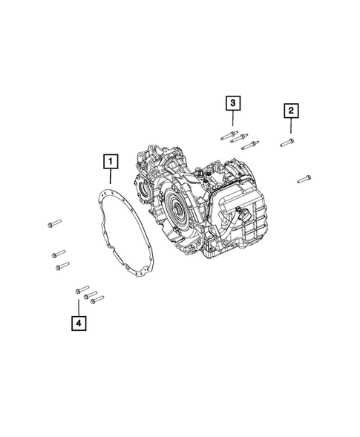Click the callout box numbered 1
click(x=111, y=161)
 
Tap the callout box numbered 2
click(x=291, y=111)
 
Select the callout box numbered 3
click(x=233, y=103)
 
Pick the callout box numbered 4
click(x=79, y=323)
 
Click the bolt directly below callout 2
click(x=287, y=142)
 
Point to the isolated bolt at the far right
click(x=304, y=179)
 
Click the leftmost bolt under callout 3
click(x=229, y=135)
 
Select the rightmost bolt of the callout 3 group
click(x=250, y=145)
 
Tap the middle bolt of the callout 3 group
click(x=239, y=138)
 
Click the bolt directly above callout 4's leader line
click(x=82, y=289)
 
